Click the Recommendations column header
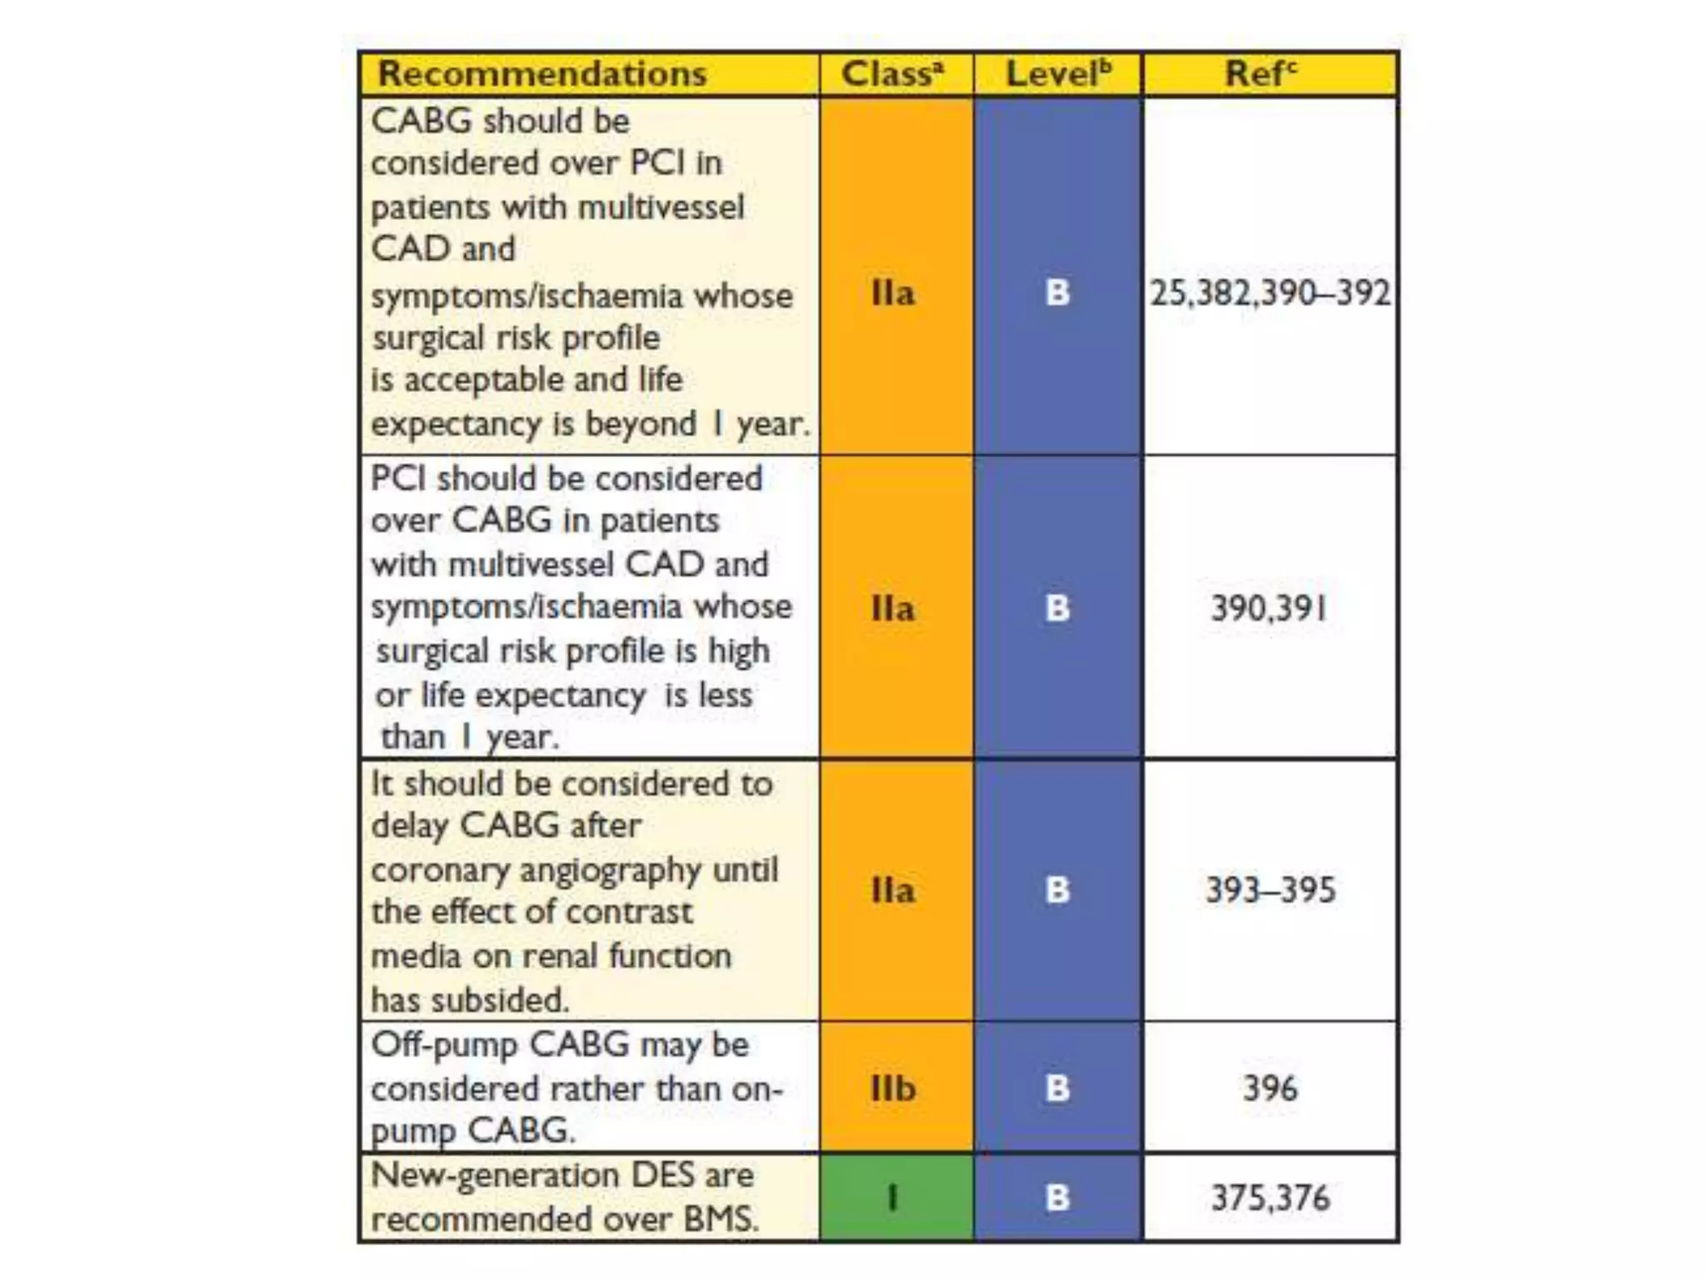[542, 73]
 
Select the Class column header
[892, 73]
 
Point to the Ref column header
[1260, 73]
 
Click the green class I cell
[894, 1197]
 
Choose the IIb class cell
[893, 1087]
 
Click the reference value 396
[1270, 1087]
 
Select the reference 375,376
[1270, 1197]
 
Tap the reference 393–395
[1270, 889]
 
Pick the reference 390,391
[1268, 608]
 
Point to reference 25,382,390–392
[1270, 293]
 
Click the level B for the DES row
[1057, 1197]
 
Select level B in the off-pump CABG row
[1057, 1087]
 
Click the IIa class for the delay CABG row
[893, 889]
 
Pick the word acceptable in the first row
[484, 381]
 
